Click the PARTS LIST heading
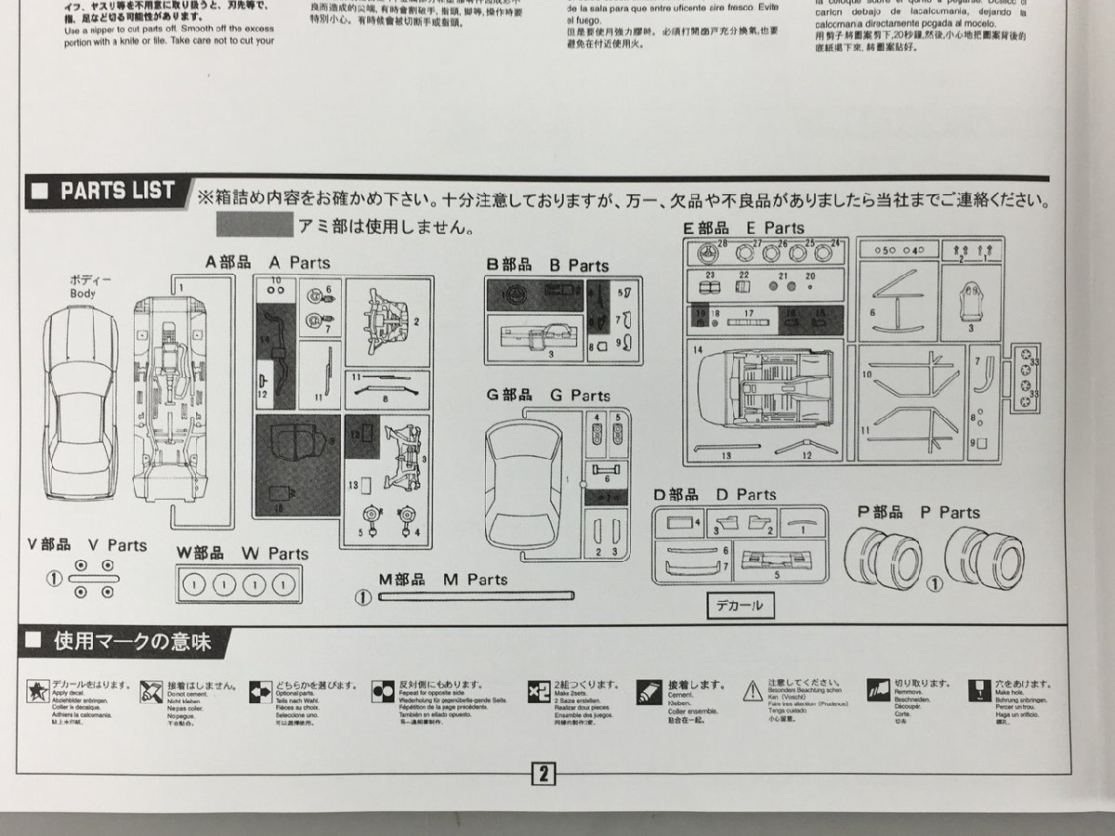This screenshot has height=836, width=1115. tap(116, 191)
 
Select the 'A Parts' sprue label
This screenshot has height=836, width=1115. tap(300, 263)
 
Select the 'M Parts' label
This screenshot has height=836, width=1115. tap(477, 580)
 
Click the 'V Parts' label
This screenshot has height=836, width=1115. tap(118, 545)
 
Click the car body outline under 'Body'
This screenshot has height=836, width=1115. tap(83, 409)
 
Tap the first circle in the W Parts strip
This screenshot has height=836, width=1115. tap(192, 585)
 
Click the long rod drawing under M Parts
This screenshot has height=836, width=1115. tap(474, 596)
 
